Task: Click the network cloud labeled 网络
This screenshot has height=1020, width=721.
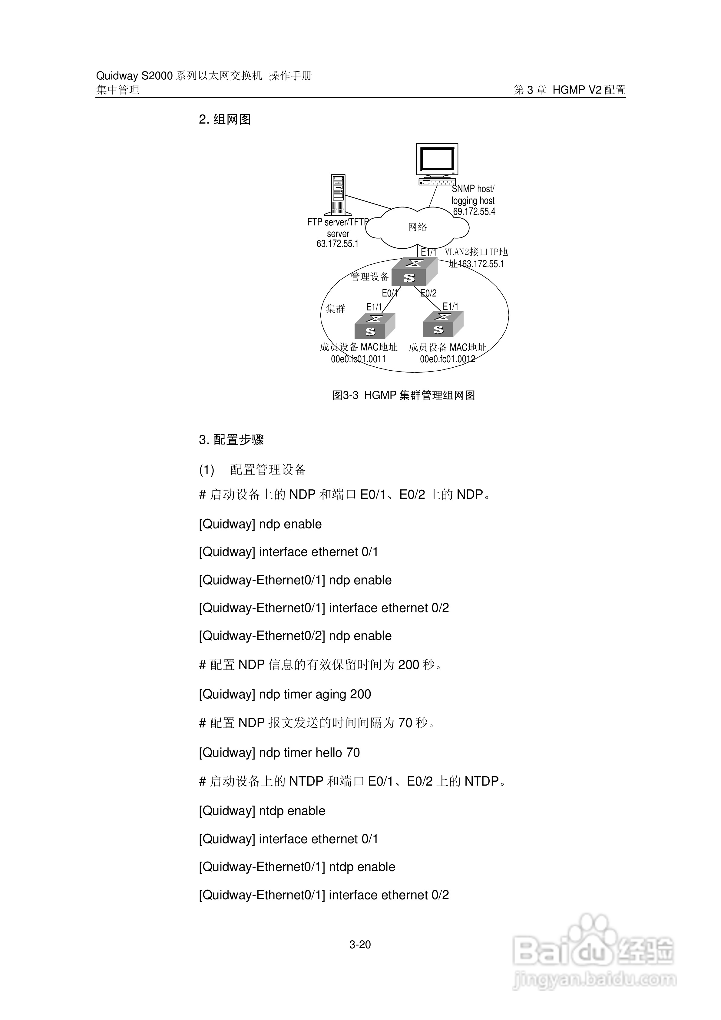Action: (x=418, y=227)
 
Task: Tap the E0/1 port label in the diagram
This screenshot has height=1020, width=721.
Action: (x=390, y=293)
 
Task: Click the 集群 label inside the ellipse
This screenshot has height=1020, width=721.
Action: (x=336, y=309)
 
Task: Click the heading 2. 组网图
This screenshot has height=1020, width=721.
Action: (x=225, y=120)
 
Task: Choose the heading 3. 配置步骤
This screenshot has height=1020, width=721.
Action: (x=231, y=440)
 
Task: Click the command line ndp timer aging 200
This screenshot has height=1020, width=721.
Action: (x=285, y=694)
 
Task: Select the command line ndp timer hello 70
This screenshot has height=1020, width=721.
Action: (x=279, y=753)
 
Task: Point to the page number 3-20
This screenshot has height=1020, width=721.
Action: (x=360, y=945)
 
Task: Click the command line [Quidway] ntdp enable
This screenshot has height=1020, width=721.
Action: (x=262, y=811)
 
